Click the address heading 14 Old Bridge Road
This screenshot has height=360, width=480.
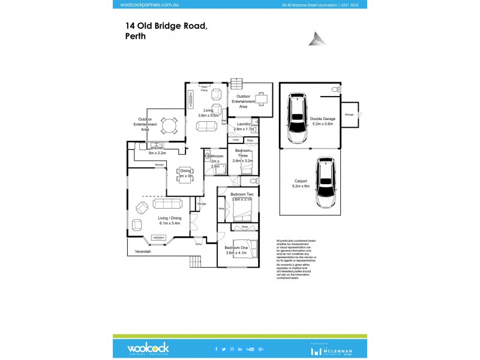166,26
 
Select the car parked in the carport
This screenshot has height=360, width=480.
326,178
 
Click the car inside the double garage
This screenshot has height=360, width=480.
296,116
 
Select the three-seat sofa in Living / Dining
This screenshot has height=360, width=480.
167,205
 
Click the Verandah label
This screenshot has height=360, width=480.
143,251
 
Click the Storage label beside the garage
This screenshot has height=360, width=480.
349,114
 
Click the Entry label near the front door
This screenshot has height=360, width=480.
199,244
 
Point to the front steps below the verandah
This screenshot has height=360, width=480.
195,262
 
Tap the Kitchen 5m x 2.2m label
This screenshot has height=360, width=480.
157,150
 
